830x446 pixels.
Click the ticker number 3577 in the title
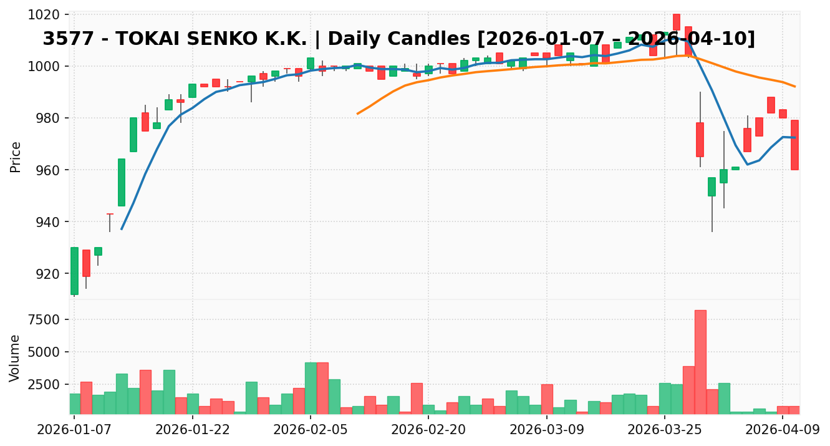[64, 39]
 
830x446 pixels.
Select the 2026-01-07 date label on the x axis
[74, 430]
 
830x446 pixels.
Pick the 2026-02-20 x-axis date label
[428, 430]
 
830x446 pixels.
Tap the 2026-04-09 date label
[782, 430]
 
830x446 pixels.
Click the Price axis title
[16, 157]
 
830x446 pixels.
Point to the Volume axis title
[16, 358]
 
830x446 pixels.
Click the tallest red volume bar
[700, 362]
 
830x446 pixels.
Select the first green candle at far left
[74, 271]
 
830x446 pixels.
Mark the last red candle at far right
[794, 145]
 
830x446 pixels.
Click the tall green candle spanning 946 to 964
[122, 182]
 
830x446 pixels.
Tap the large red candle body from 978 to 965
[700, 140]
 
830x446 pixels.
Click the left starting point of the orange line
[357, 114]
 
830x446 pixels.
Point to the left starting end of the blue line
[122, 229]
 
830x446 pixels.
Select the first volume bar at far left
[74, 404]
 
